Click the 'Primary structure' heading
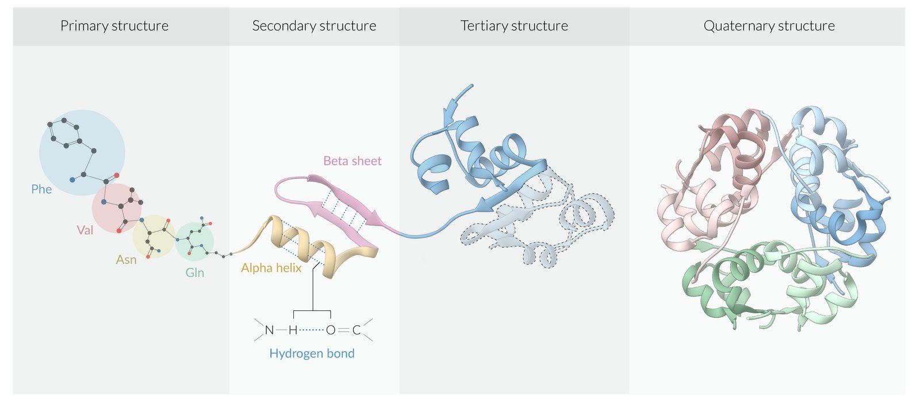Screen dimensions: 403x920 point(114,26)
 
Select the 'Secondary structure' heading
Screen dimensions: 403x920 point(314,26)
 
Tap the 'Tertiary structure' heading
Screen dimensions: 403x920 point(514,26)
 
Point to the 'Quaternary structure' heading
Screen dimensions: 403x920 point(769,26)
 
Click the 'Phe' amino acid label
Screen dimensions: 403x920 point(41,189)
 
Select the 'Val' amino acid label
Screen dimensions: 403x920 point(85,230)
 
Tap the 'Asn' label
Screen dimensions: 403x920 point(126,260)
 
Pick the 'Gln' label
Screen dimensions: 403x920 point(194,273)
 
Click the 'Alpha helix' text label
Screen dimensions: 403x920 point(271,268)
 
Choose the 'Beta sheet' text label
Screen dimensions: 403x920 point(352,161)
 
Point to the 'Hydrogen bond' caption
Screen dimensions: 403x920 point(312,353)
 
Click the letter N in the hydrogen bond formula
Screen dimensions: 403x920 point(269,330)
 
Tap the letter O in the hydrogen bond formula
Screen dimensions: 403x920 point(330,330)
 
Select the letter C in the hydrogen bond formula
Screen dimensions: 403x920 point(356,330)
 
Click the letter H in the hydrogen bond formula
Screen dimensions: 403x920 point(293,330)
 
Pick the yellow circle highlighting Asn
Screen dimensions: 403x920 point(154,236)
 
